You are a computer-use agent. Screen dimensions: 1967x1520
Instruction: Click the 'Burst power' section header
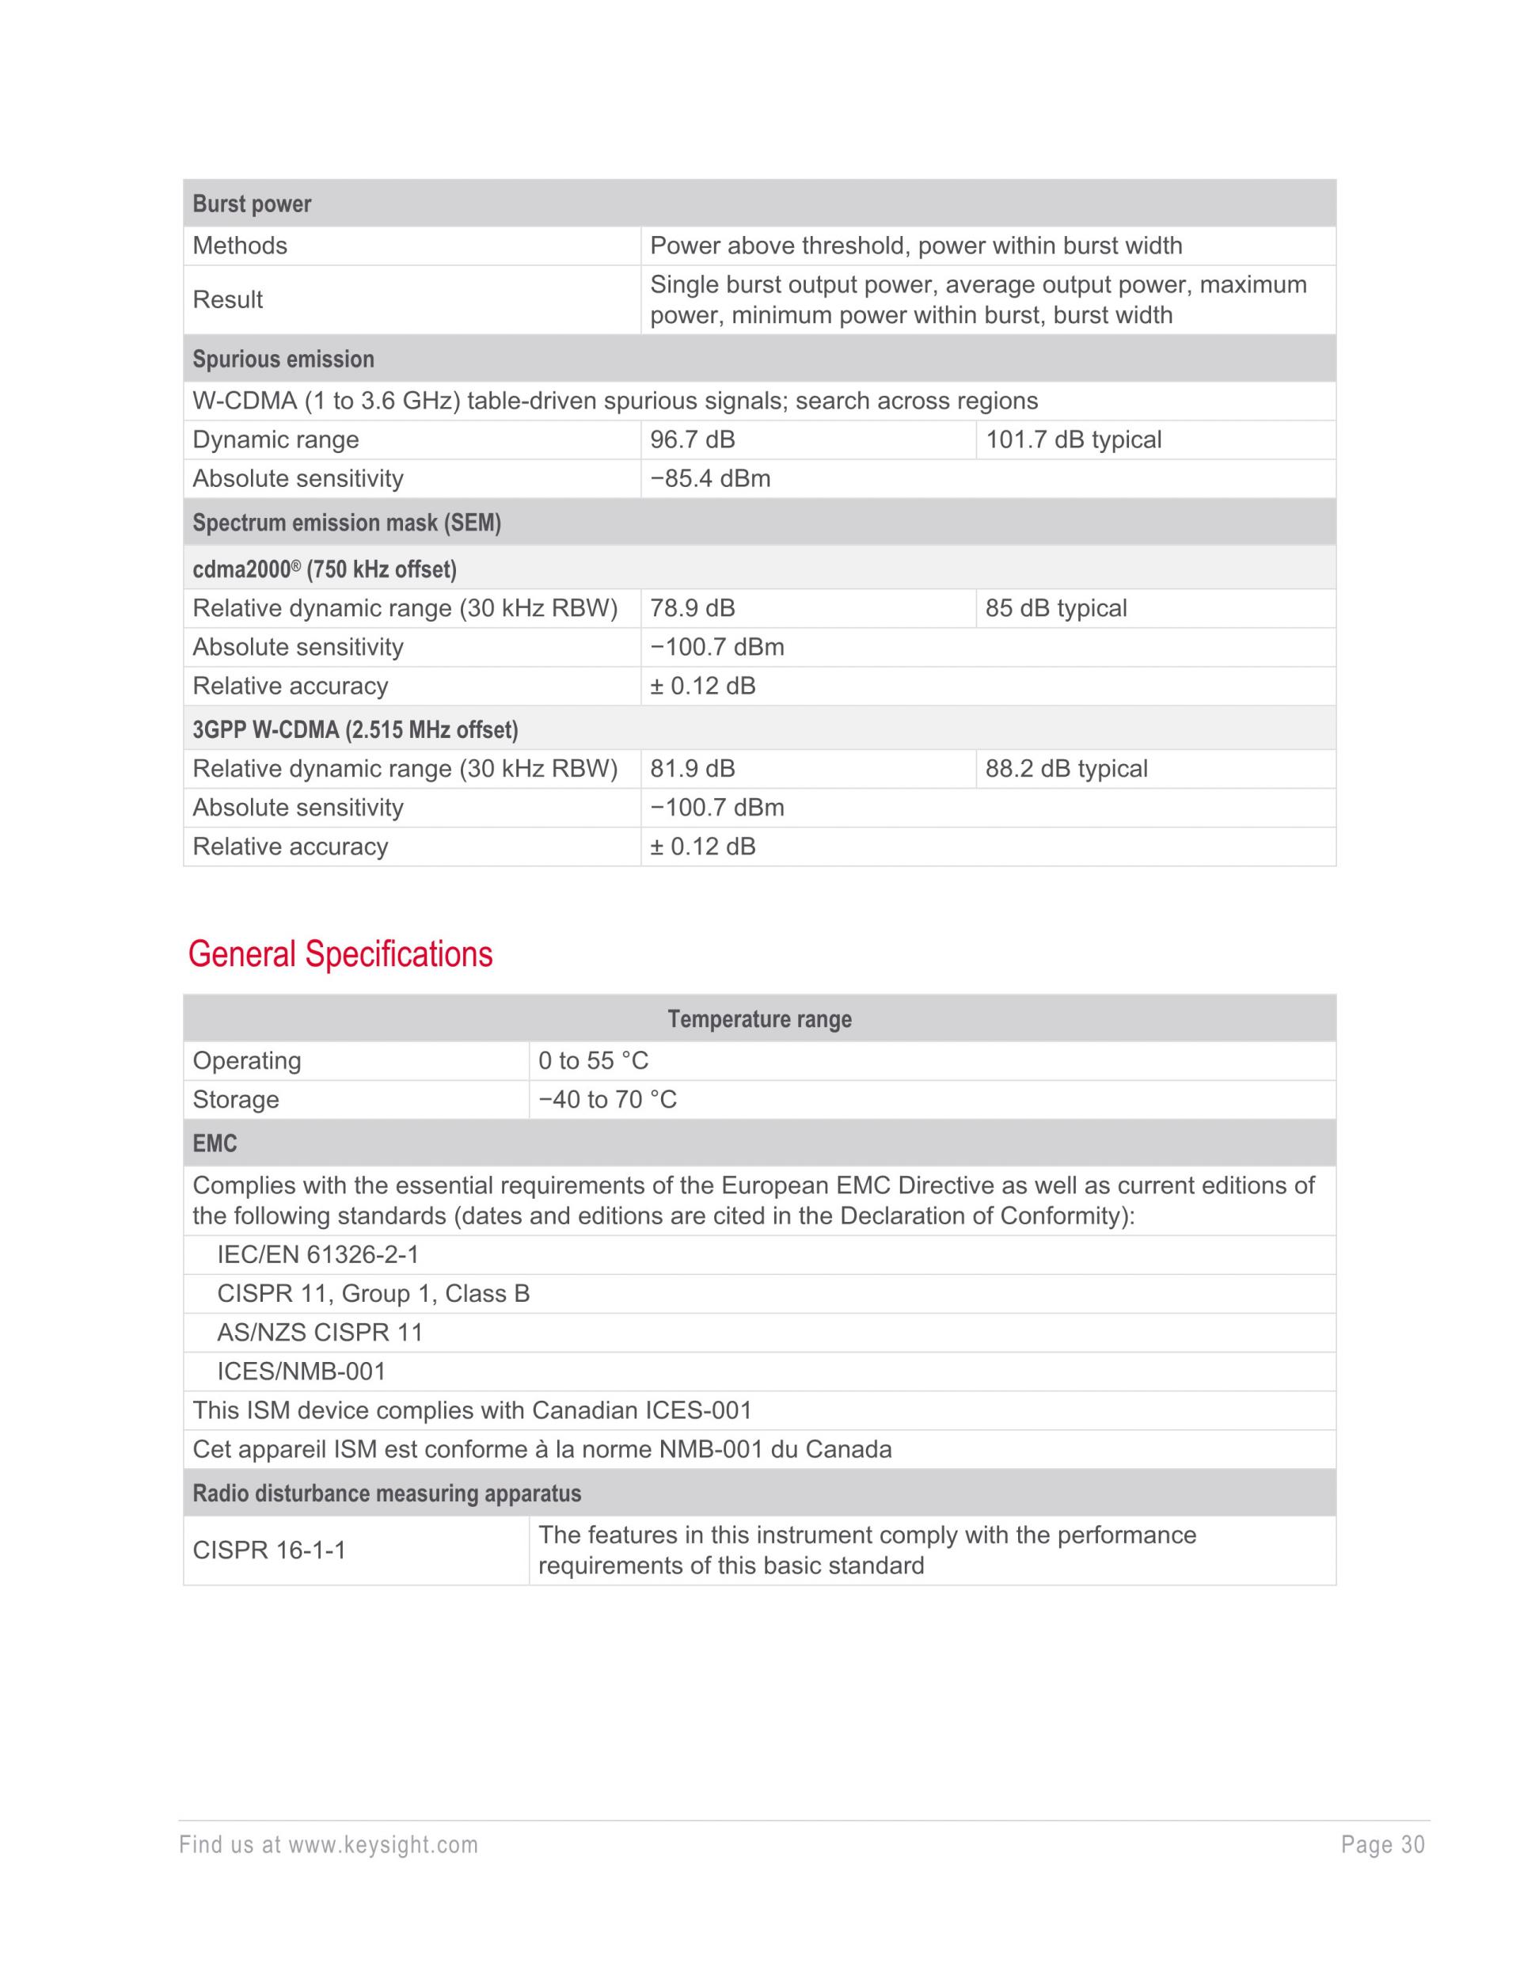(252, 204)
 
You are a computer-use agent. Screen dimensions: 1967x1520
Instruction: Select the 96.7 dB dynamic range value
(693, 439)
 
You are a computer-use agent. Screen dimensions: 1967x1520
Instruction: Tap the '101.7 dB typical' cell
(1073, 439)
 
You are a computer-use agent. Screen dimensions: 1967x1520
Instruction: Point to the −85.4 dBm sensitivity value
(710, 478)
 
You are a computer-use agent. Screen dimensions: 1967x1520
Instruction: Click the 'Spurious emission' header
(283, 359)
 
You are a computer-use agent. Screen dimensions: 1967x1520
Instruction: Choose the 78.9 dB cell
(693, 608)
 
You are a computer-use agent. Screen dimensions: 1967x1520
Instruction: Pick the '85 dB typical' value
(1055, 608)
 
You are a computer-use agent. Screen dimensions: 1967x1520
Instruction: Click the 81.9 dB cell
(693, 768)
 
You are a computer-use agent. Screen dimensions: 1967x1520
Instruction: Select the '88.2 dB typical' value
(1066, 768)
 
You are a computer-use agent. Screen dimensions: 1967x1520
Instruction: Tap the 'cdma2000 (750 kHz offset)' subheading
(324, 569)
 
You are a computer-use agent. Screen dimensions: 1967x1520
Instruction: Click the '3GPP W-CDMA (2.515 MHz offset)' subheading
(355, 729)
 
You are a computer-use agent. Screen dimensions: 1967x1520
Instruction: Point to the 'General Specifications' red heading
(340, 953)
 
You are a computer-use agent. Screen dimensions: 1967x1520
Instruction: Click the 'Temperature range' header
(759, 1018)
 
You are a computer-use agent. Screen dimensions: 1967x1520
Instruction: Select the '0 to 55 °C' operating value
(594, 1060)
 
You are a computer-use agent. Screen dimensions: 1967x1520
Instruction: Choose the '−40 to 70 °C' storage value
(608, 1099)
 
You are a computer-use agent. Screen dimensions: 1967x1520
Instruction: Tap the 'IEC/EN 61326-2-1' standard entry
(318, 1254)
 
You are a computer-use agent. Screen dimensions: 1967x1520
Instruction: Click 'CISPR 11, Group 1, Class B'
(373, 1293)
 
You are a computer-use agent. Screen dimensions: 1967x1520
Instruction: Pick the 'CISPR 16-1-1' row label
(269, 1550)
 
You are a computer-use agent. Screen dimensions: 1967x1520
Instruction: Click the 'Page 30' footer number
(1382, 1844)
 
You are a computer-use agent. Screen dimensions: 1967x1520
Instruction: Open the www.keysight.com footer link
(382, 1844)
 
